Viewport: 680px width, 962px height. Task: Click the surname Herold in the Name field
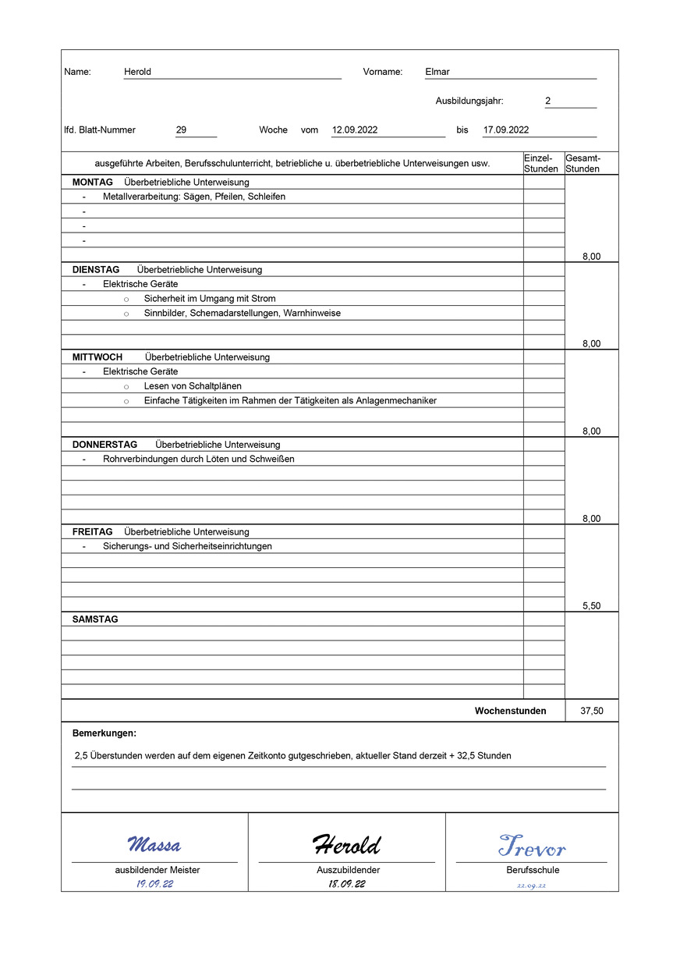tap(137, 72)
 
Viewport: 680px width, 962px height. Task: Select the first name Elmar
tap(437, 72)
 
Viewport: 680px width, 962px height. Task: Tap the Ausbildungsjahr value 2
tap(548, 101)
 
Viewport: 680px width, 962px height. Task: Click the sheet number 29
tap(182, 130)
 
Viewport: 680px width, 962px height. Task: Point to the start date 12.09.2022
tap(355, 130)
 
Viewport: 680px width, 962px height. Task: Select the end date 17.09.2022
tap(506, 130)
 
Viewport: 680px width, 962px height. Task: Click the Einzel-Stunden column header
tap(541, 163)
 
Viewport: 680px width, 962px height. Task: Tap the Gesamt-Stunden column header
tap(583, 163)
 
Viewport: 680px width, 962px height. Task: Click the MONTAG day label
tap(93, 183)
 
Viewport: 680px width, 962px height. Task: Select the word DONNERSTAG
tap(104, 445)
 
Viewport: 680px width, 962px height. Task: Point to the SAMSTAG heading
tap(95, 619)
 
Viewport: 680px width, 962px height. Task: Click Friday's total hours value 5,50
tap(591, 606)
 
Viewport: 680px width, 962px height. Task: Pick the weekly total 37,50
tap(591, 712)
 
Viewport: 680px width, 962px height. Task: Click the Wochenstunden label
tap(510, 712)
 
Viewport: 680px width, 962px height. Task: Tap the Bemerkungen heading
tap(104, 733)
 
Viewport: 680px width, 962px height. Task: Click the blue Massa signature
tap(154, 845)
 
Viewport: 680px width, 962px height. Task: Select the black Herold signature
tap(347, 844)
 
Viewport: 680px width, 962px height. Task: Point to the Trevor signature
tap(532, 846)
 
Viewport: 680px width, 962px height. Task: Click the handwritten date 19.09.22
tap(154, 884)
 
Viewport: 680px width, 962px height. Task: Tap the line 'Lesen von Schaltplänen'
tap(193, 386)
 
